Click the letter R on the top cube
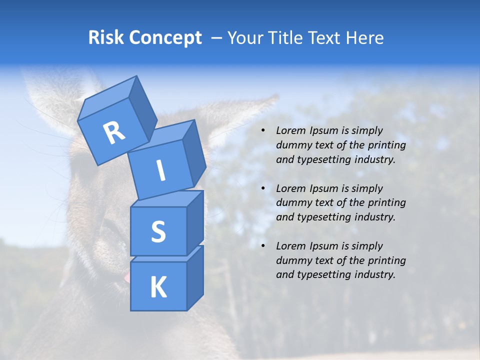tap(114, 133)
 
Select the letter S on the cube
tap(158, 232)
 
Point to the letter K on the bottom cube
tap(158, 287)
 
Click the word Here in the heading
tap(365, 38)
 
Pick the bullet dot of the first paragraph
tap(263, 131)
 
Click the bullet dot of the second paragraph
tap(263, 189)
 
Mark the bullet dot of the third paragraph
tap(263, 246)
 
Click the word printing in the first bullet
tap(385, 145)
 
